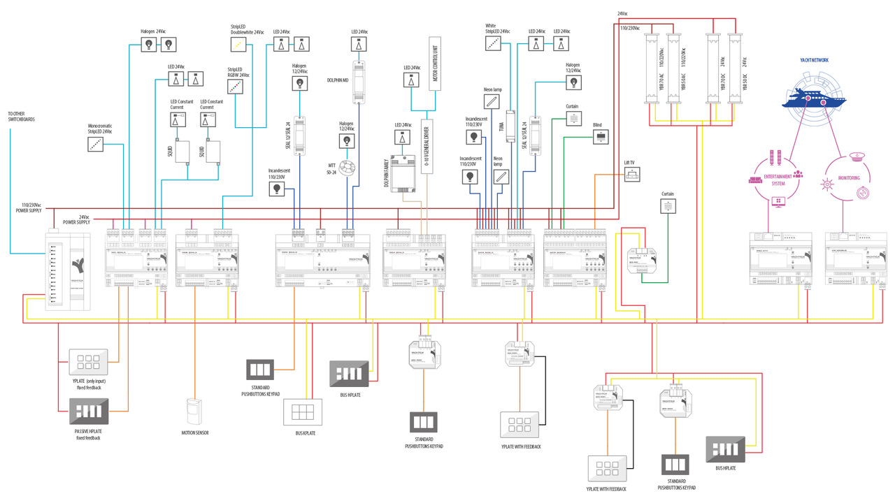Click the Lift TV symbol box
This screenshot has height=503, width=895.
tap(631, 175)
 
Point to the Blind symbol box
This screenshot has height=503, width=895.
tap(600, 137)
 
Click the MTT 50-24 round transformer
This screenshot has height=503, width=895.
tap(348, 168)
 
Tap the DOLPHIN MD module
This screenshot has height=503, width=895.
tap(359, 81)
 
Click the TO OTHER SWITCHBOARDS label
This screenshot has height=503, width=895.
tap(21, 116)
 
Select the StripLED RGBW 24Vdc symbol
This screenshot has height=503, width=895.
tap(236, 86)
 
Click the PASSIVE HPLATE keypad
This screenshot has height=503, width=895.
tap(89, 411)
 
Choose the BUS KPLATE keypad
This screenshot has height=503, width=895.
tap(303, 411)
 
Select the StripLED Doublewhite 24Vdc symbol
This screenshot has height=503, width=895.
tap(240, 44)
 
